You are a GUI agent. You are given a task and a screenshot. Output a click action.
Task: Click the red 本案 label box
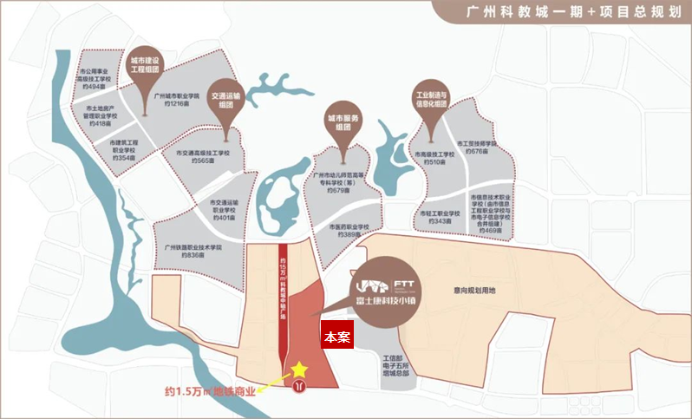336,337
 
